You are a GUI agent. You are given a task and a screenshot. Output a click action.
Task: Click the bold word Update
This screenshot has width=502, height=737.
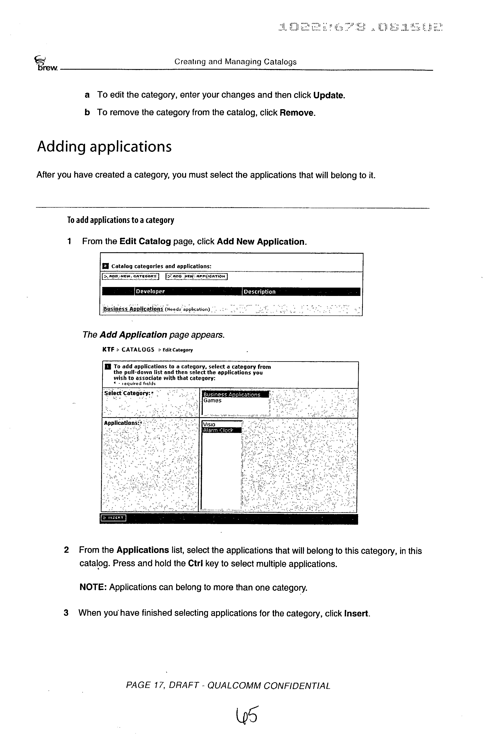click(x=329, y=95)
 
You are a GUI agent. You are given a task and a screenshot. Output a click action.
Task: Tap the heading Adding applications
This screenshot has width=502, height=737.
click(x=104, y=147)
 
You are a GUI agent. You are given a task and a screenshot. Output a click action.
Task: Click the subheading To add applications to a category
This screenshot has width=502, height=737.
click(x=120, y=220)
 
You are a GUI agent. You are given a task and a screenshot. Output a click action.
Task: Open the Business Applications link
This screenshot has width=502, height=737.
click(x=133, y=309)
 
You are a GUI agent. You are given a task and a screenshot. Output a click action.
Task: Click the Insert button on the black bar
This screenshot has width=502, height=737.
click(x=113, y=518)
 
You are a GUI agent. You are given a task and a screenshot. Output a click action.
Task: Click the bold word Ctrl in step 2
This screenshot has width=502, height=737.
click(x=195, y=564)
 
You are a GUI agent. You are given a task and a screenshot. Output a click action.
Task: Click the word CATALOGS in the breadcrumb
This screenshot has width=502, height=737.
click(x=138, y=350)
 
